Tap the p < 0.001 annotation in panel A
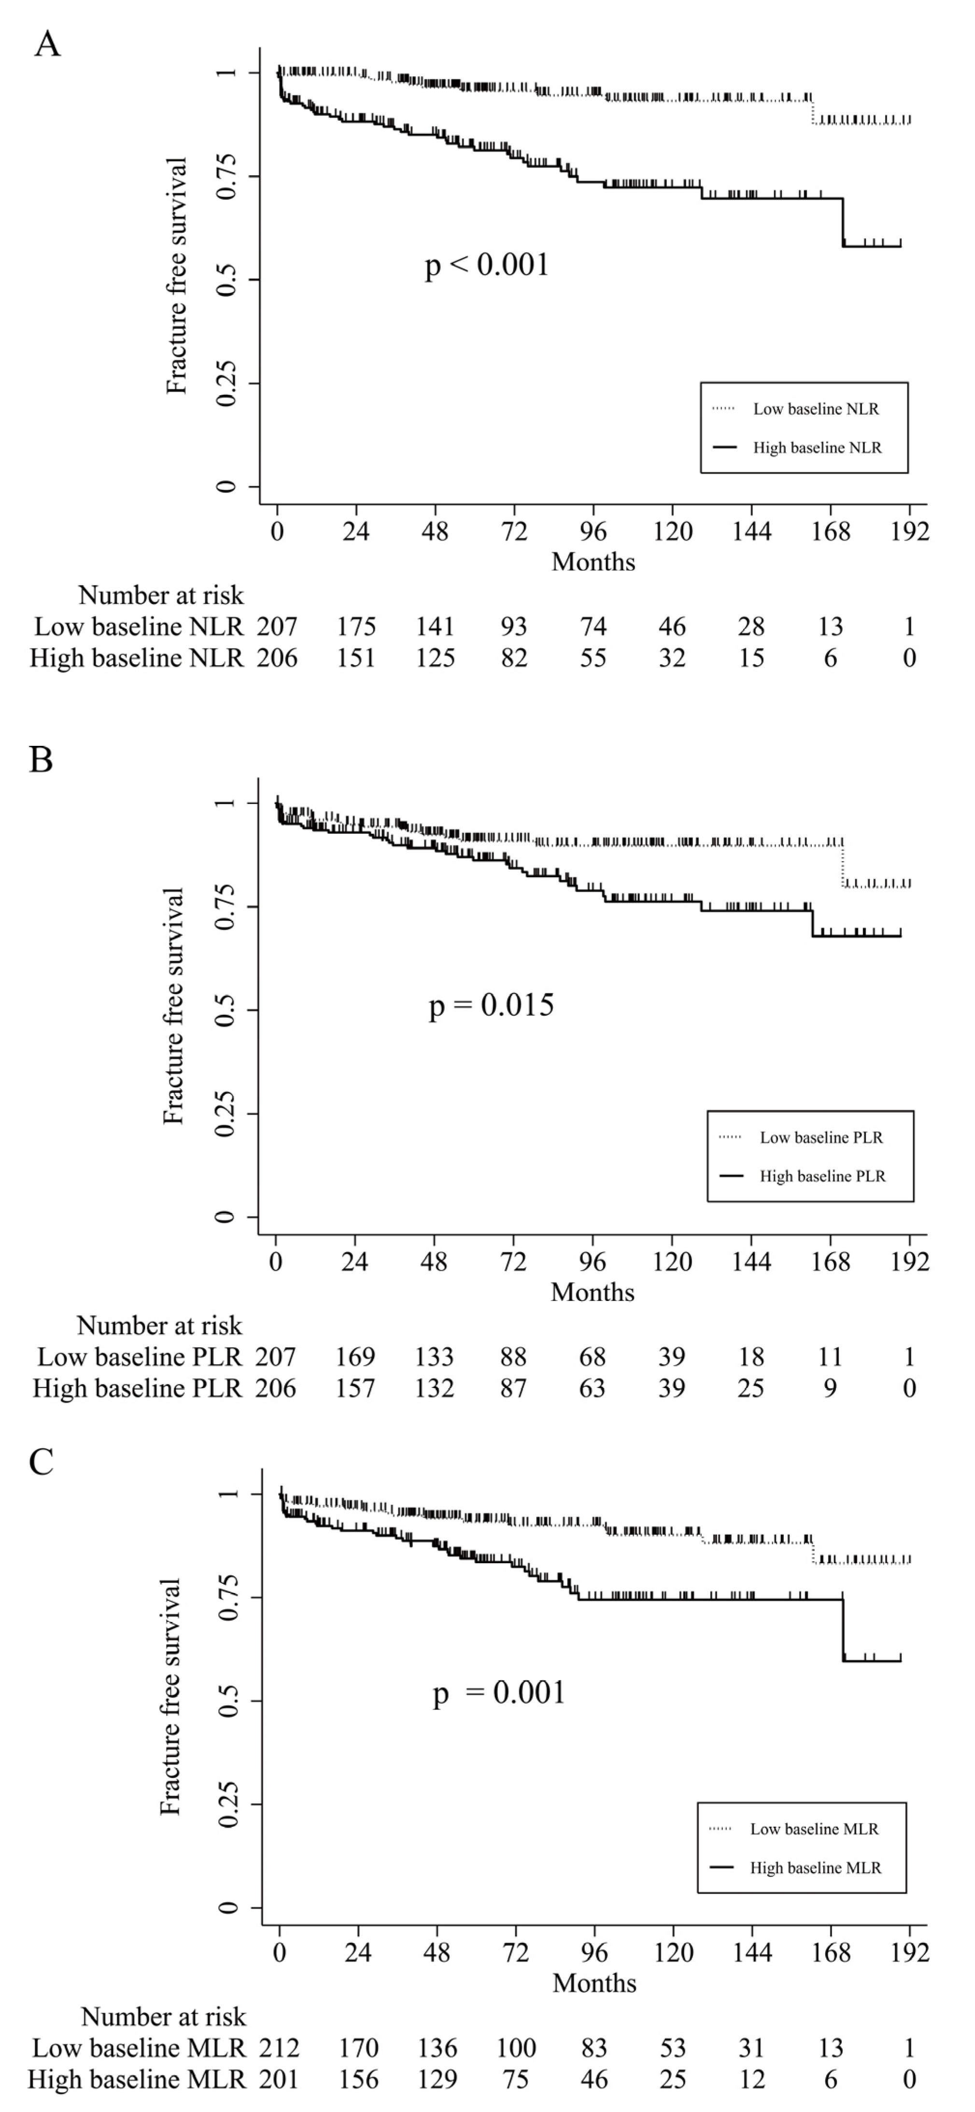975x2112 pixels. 487,265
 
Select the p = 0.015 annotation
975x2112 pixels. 491,1005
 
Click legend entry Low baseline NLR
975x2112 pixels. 816,409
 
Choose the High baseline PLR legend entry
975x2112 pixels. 822,1175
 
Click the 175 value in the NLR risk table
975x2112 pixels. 356,627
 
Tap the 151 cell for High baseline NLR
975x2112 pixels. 356,657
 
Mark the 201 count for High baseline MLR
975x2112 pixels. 279,2079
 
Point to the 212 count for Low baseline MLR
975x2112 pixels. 279,2048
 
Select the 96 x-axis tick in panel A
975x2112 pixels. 593,531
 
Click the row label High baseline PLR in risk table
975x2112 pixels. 137,1388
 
